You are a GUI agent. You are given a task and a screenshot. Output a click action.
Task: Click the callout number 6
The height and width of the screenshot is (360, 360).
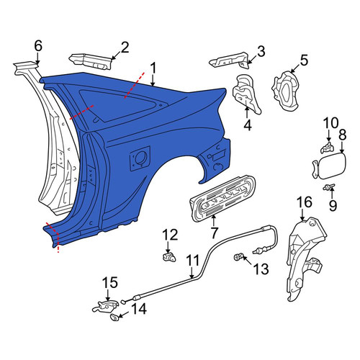pos(38,46)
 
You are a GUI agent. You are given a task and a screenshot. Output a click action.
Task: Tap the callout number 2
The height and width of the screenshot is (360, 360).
pos(125,48)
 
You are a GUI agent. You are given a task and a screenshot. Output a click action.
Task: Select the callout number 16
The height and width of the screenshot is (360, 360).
pos(305,202)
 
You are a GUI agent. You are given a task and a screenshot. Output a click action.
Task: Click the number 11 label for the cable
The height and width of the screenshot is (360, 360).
pos(192,261)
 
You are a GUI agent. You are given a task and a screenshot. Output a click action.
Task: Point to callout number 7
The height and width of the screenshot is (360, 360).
pos(214,233)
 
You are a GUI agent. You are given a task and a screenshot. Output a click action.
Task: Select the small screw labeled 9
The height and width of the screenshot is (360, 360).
pos(328,187)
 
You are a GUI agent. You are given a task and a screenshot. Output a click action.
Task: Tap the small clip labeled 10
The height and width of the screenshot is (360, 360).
pos(328,148)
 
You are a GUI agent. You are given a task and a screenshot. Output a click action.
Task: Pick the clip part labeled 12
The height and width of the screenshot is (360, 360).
pos(169,257)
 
